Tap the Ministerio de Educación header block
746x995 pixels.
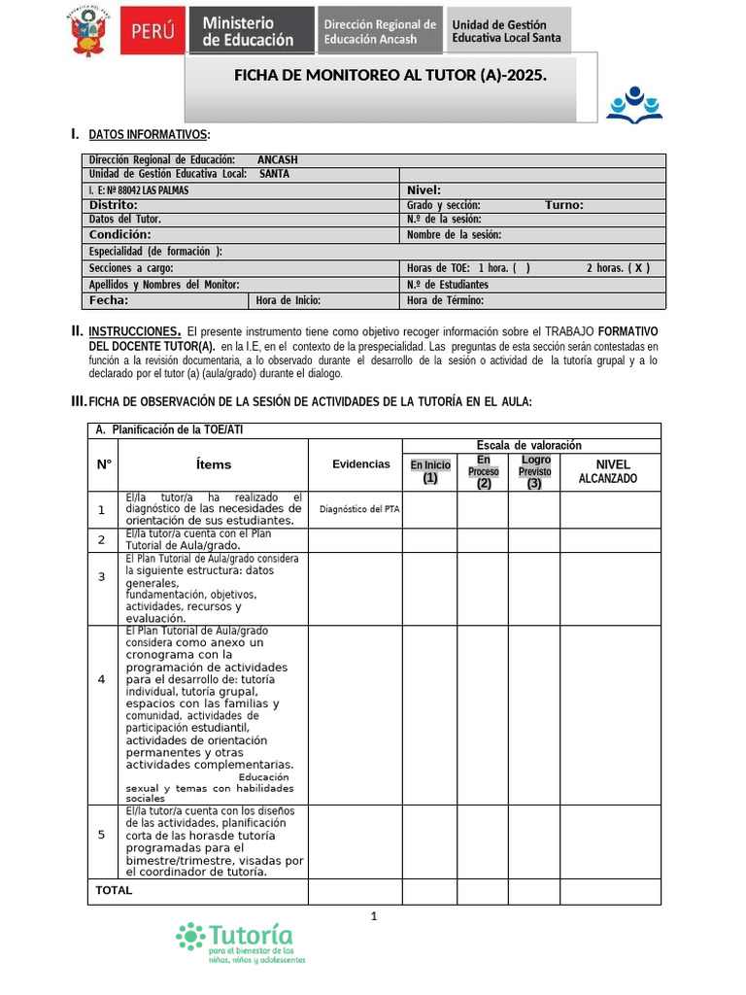tap(254, 31)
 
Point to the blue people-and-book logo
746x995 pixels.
tap(633, 105)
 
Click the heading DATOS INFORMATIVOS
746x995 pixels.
tap(148, 134)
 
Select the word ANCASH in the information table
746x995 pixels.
tap(278, 160)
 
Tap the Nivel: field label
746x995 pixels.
tap(424, 190)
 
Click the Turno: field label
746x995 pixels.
tap(563, 205)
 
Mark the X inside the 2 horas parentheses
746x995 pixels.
tap(639, 268)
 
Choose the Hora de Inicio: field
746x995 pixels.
tap(288, 300)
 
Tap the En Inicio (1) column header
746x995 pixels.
tap(430, 471)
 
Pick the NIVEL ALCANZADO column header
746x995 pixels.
tap(609, 471)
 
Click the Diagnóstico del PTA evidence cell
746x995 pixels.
tap(358, 508)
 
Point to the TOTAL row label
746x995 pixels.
tap(114, 890)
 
